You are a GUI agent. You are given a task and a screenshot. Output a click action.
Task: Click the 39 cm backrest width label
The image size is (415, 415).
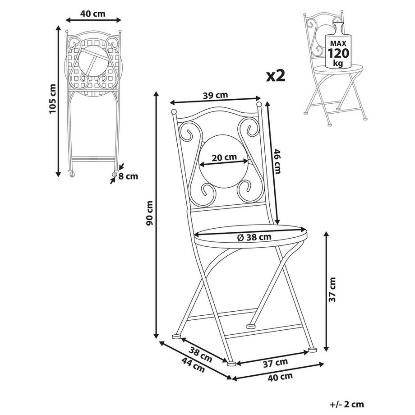click(215, 95)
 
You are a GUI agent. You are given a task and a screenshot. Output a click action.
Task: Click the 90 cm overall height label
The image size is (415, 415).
click(150, 213)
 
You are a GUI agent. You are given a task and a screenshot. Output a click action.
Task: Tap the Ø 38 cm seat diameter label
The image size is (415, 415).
click(254, 236)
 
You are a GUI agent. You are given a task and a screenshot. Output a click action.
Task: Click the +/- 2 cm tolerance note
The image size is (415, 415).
click(346, 405)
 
